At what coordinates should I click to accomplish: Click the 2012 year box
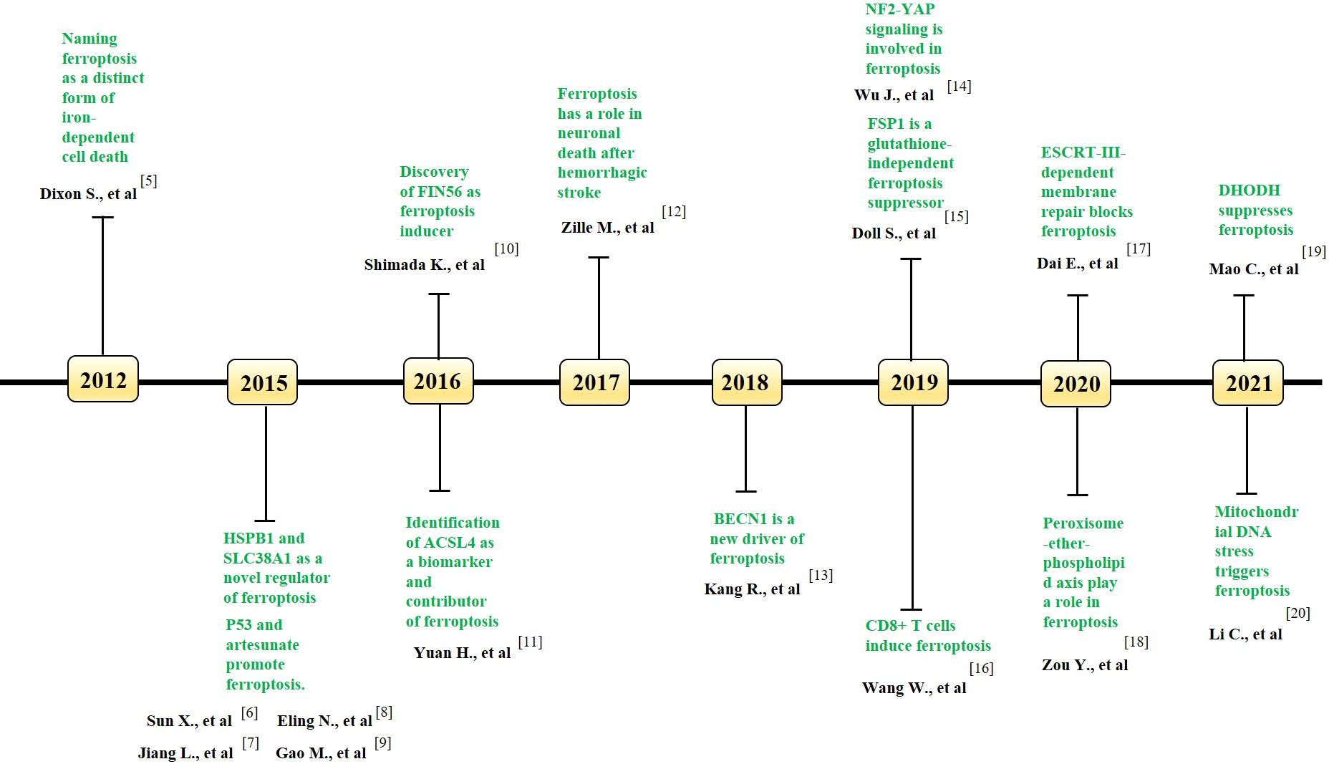coord(103,379)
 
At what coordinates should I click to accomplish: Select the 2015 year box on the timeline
coord(263,383)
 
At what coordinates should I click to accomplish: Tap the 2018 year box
coord(746,382)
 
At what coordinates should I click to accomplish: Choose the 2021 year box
coord(1248,383)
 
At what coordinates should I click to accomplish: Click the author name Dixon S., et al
coord(88,194)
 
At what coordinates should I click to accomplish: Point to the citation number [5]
coord(148,180)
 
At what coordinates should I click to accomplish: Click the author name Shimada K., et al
coord(424,265)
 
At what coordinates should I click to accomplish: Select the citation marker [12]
coord(674,211)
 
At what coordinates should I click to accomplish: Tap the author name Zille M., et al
coord(607,228)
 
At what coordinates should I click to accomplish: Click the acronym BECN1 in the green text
coord(740,519)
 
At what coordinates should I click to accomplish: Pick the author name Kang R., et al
coord(752,589)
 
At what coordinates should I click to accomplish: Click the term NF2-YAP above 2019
coord(899,9)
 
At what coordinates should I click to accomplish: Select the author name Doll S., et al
coord(894,233)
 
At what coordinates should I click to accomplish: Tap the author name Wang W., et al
coord(914,688)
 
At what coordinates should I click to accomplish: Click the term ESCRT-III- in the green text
coord(1083,153)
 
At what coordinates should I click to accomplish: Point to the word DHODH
coord(1249,190)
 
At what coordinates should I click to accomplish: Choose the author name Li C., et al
coord(1245,634)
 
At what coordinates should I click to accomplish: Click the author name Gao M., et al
coord(321,753)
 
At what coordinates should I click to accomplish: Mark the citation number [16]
coord(981,668)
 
